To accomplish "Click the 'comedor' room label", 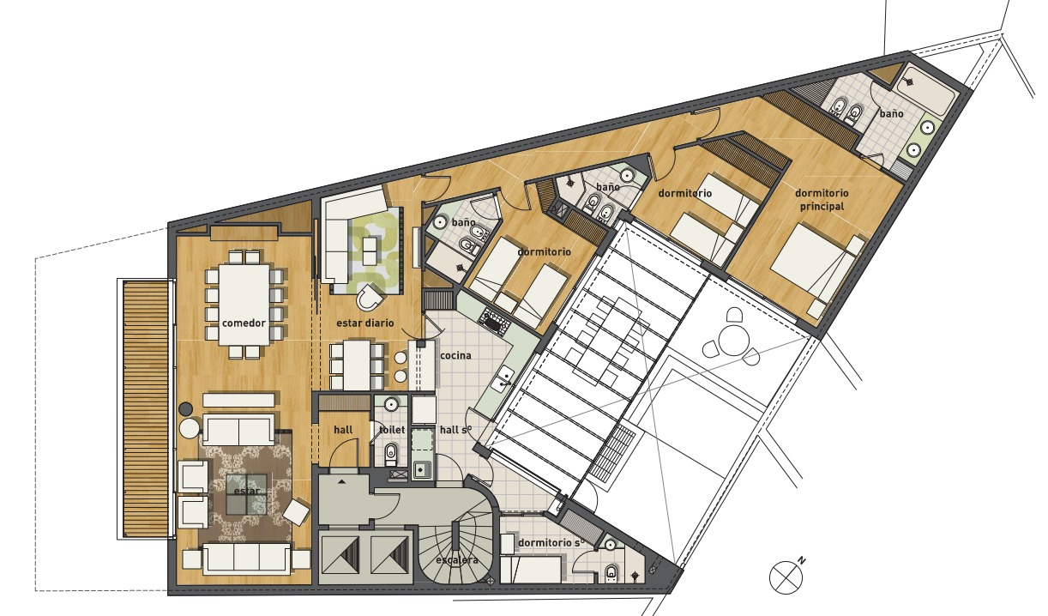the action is (244, 323).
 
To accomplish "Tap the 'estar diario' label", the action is (365, 323).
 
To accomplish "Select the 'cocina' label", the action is (455, 356).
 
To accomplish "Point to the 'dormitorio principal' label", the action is (822, 199).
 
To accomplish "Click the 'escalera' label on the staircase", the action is (456, 560).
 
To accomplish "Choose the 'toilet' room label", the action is (392, 430).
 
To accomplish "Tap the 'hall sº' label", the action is (455, 430).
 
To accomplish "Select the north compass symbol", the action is (784, 577).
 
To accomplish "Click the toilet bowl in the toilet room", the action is (391, 454).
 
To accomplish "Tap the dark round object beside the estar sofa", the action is (186, 408).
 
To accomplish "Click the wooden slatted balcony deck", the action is (145, 409).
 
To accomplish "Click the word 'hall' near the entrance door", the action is (343, 430).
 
